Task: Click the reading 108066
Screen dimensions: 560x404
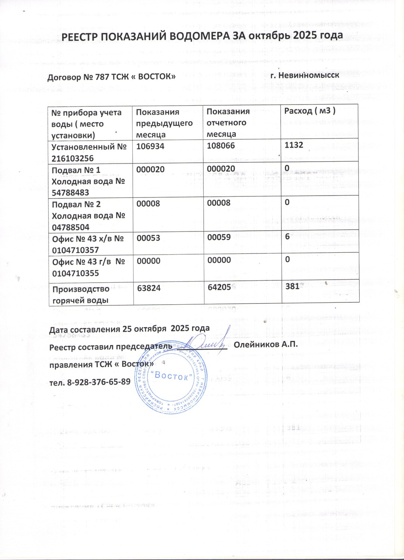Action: (221, 146)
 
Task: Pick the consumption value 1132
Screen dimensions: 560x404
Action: (294, 145)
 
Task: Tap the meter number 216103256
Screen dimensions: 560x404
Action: (73, 158)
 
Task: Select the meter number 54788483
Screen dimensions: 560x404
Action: (71, 193)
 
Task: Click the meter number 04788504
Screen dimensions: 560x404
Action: (71, 227)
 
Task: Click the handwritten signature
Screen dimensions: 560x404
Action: (204, 340)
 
